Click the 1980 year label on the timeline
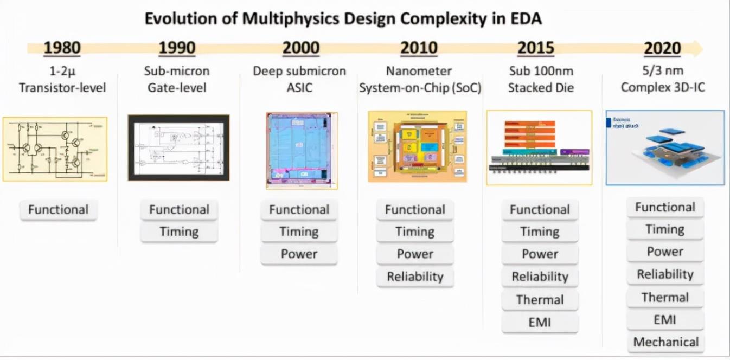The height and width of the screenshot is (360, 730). [x=62, y=48]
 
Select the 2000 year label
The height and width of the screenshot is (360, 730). [x=301, y=48]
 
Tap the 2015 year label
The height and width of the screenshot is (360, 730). [x=535, y=48]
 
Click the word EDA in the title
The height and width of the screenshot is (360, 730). [x=525, y=19]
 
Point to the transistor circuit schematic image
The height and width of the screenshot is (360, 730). [x=55, y=149]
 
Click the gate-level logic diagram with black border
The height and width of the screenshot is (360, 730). [x=178, y=147]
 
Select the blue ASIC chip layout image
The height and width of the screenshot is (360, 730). [x=302, y=150]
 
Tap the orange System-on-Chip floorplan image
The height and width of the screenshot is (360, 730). [x=417, y=146]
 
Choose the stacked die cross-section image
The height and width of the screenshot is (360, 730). [x=539, y=147]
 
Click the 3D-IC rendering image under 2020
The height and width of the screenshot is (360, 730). [x=665, y=147]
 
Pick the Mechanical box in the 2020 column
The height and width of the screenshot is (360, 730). [x=665, y=342]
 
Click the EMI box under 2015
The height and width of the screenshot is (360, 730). [x=540, y=323]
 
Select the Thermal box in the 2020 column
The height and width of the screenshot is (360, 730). [x=665, y=297]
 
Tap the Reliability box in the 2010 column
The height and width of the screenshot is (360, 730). [x=415, y=277]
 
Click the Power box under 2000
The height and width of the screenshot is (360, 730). [x=299, y=254]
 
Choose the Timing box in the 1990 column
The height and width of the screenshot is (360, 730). [x=179, y=232]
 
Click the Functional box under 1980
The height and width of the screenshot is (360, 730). [x=58, y=210]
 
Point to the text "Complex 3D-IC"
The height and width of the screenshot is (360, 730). [x=663, y=87]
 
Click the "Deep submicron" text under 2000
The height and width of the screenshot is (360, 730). [x=299, y=71]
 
